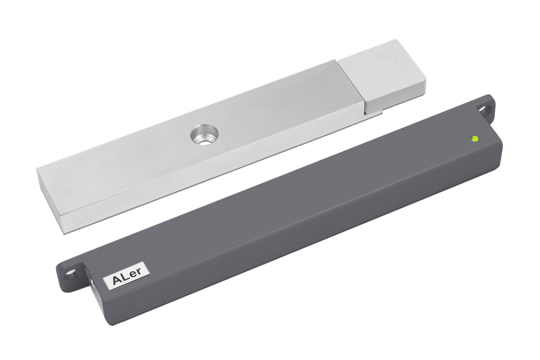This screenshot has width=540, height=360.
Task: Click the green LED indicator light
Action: [475, 139]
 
